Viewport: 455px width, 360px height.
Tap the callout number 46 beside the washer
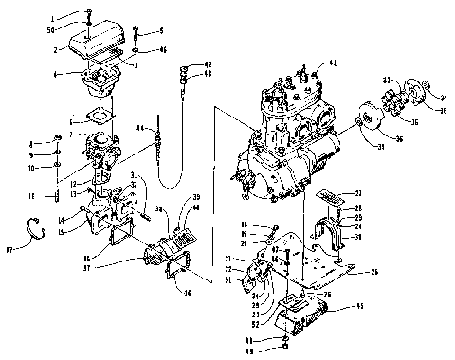[x=161, y=49]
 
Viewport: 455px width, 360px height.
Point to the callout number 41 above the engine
[x=332, y=63]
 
